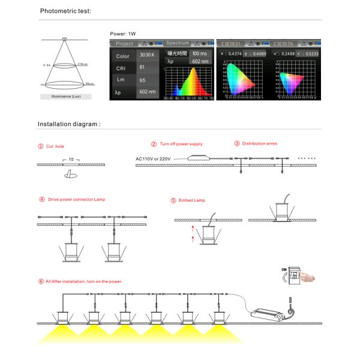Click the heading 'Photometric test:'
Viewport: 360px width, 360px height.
65,11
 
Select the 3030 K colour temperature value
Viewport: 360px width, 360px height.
147,55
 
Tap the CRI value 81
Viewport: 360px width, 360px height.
143,67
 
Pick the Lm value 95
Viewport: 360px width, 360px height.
143,79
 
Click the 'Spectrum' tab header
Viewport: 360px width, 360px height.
178,43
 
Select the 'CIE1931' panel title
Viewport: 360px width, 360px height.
230,43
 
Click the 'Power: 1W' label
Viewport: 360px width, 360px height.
124,34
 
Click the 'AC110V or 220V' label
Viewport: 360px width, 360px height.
155,158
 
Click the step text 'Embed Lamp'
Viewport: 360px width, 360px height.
191,200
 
